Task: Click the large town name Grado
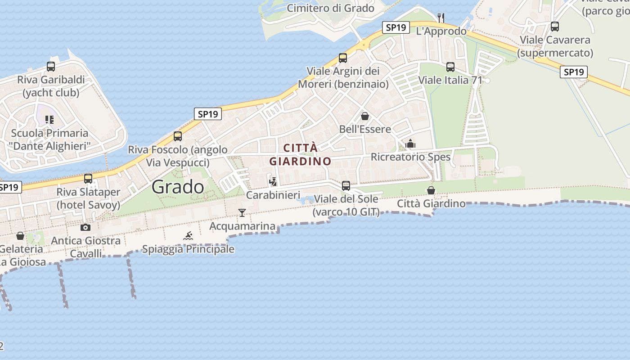[x=178, y=186]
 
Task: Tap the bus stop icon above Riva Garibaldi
[x=51, y=67]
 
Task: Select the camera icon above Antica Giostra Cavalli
[x=85, y=227]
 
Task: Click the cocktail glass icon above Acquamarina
[x=242, y=212]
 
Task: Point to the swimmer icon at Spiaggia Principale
[x=188, y=236]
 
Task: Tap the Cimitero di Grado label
[x=330, y=8]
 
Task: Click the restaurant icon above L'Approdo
[x=441, y=18]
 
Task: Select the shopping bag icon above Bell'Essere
[x=365, y=116]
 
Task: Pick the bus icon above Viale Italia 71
[x=450, y=67]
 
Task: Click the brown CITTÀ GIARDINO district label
[x=301, y=154]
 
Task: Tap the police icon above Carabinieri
[x=273, y=181]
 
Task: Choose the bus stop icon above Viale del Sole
[x=346, y=185]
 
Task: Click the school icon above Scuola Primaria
[x=49, y=120]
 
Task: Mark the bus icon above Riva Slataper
[x=88, y=179]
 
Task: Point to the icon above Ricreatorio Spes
[x=410, y=144]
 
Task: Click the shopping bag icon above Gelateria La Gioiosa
[x=20, y=236]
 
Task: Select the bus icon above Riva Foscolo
[x=178, y=136]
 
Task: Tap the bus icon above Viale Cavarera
[x=555, y=27]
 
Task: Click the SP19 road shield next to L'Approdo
[x=396, y=27]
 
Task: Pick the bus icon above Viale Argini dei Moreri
[x=343, y=58]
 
